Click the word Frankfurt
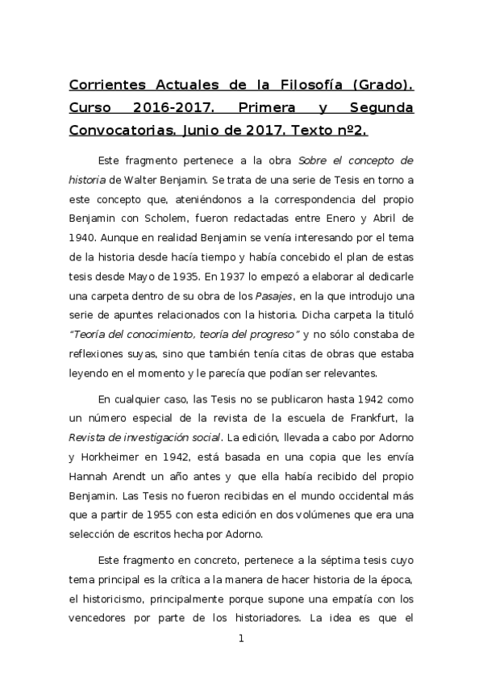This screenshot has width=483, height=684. point(363,418)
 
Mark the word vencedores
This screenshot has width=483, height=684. point(102,619)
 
